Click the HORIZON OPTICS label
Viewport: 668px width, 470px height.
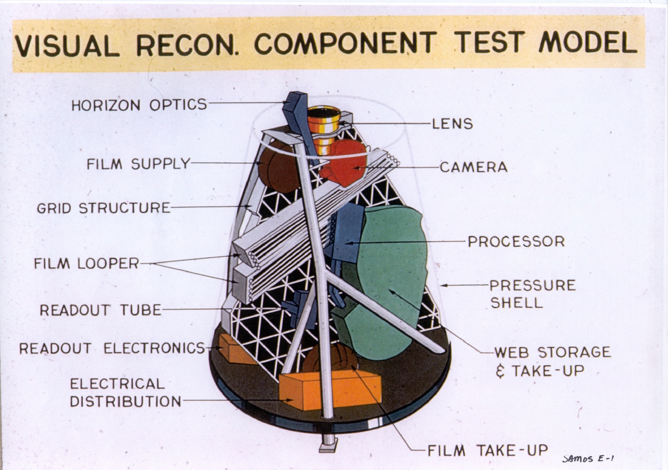click(139, 104)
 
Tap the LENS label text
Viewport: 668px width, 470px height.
click(452, 124)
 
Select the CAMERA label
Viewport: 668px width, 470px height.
click(473, 167)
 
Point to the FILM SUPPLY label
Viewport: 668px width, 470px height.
click(138, 164)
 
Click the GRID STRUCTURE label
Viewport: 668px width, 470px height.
click(104, 208)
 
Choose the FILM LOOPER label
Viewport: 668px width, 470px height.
click(86, 263)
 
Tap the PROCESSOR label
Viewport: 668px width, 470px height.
click(516, 242)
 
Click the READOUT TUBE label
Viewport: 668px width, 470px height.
click(100, 310)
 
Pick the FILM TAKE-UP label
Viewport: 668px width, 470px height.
click(488, 450)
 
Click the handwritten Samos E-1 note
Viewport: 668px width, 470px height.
click(591, 458)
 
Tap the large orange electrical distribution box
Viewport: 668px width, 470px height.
click(330, 389)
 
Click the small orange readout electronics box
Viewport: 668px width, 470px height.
click(234, 349)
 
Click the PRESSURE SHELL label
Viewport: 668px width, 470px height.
click(532, 293)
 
